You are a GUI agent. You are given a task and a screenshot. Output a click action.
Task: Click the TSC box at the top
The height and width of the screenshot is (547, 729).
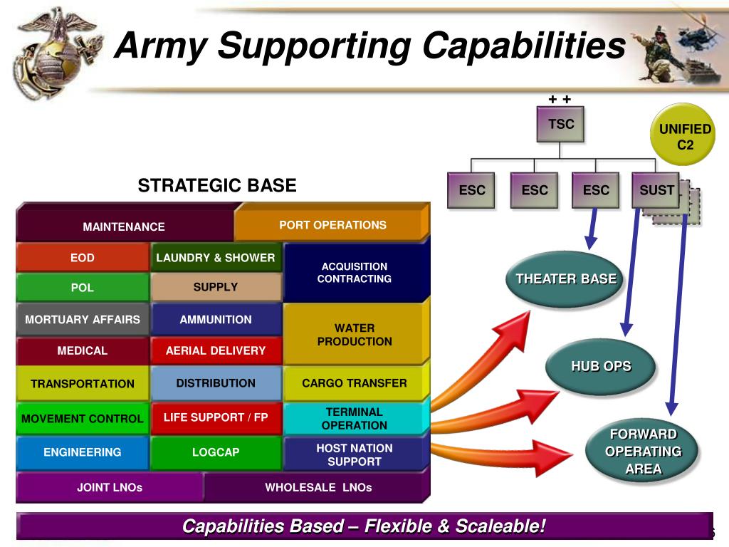pyautogui.click(x=561, y=125)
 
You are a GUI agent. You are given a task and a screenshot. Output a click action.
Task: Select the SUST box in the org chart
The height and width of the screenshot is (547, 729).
pyautogui.click(x=656, y=190)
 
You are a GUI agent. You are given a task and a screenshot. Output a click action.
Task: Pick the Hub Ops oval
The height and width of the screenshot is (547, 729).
pyautogui.click(x=601, y=367)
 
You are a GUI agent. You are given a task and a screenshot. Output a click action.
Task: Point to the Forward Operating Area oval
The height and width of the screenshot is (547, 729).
pyautogui.click(x=643, y=452)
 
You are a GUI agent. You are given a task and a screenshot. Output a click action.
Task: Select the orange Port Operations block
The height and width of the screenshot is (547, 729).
pyautogui.click(x=332, y=225)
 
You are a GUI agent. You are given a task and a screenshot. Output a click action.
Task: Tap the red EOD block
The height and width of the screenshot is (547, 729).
pyautogui.click(x=83, y=258)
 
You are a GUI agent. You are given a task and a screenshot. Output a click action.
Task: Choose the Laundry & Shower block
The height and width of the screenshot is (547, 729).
pyautogui.click(x=215, y=258)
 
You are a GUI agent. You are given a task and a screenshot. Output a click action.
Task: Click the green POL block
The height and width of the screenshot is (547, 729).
pyautogui.click(x=83, y=288)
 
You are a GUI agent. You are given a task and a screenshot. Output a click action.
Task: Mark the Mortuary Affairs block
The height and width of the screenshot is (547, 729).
pyautogui.click(x=83, y=320)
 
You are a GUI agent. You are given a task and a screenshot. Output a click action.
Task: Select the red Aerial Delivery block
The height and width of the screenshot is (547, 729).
pyautogui.click(x=215, y=350)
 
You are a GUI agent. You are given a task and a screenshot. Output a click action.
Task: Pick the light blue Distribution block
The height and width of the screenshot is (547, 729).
pyautogui.click(x=215, y=383)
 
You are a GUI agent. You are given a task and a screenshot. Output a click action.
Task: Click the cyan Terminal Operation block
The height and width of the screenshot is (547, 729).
pyautogui.click(x=354, y=419)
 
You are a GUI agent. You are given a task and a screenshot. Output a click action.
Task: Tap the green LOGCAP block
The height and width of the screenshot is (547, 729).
pyautogui.click(x=215, y=452)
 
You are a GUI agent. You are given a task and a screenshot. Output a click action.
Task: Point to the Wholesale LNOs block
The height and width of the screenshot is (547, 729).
pyautogui.click(x=318, y=488)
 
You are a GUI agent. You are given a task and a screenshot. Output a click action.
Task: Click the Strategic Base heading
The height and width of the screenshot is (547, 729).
pyautogui.click(x=216, y=186)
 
